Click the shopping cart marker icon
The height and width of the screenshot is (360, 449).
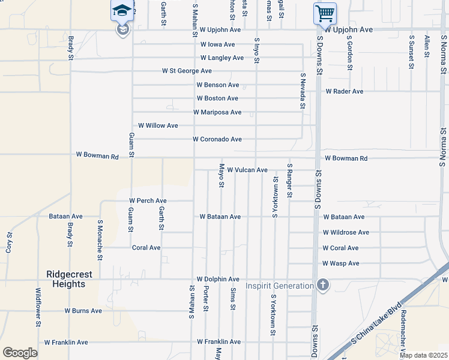[325, 13]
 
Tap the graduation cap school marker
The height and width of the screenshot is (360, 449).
[122, 11]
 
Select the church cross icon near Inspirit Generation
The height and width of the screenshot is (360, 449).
[323, 285]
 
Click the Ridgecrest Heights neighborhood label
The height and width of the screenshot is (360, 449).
[69, 279]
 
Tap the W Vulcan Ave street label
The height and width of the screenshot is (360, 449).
[247, 170]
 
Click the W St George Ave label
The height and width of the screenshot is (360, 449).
[187, 71]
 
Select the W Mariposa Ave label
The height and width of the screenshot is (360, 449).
[217, 112]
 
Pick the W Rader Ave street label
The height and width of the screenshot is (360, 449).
[345, 92]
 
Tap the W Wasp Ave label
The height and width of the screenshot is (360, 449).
[340, 263]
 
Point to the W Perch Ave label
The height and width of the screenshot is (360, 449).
[148, 200]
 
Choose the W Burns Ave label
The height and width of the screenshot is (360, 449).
[83, 311]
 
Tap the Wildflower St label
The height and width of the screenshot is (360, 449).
[38, 307]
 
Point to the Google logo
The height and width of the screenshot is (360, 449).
[20, 353]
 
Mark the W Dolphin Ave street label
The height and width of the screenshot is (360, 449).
[218, 280]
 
